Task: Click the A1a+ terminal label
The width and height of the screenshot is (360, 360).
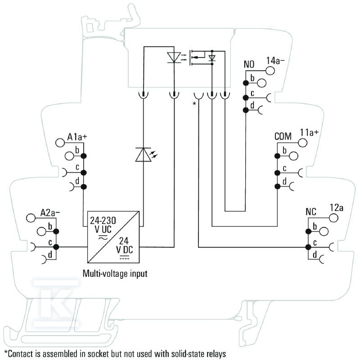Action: point(77,137)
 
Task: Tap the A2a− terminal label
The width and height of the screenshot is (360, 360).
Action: point(50,213)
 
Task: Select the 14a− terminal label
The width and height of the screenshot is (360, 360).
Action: point(275,61)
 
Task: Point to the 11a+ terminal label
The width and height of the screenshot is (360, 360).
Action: point(309,132)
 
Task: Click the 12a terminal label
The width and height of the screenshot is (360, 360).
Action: point(336,208)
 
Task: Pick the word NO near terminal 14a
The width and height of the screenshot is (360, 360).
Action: point(249,64)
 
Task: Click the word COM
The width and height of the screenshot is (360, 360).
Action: point(283,136)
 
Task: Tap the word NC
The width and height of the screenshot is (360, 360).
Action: point(311,212)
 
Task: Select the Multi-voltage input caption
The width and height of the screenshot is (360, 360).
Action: point(115,274)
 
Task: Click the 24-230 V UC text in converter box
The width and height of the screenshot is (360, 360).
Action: point(103,225)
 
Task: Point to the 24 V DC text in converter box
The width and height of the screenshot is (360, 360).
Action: point(125,245)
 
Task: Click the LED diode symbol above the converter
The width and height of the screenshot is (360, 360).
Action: point(143,154)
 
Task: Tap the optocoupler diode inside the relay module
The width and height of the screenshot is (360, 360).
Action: point(174,57)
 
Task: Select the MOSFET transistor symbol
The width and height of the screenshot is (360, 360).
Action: point(197,58)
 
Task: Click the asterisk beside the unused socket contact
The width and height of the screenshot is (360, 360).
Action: point(194,104)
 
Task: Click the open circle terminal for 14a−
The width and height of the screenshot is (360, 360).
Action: point(270,71)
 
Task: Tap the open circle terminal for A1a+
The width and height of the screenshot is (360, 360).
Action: point(60,143)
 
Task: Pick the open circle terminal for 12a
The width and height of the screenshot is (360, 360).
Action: point(333,218)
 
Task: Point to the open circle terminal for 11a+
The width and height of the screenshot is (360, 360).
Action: point(302,143)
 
